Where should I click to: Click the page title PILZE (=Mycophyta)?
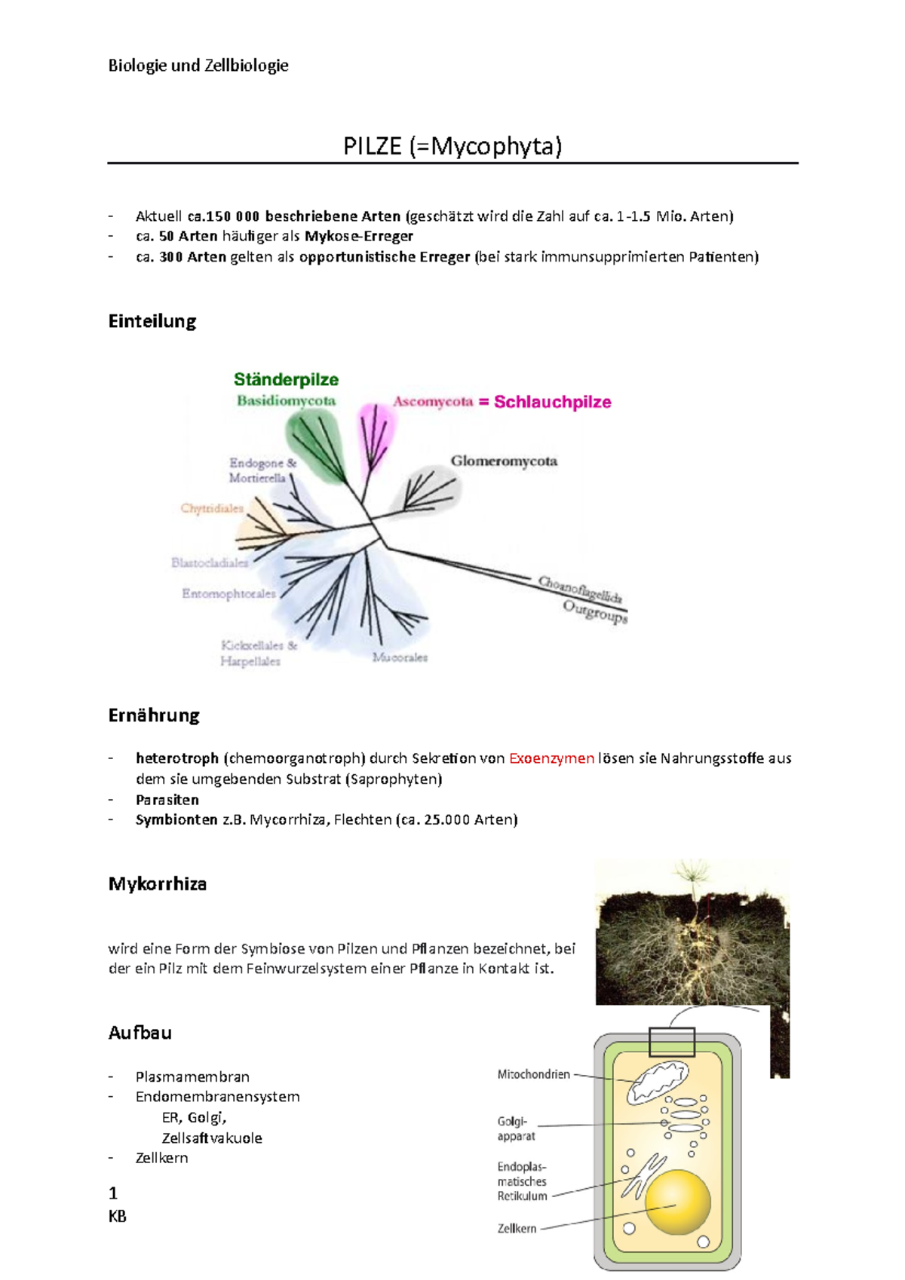452,146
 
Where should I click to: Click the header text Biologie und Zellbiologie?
198,66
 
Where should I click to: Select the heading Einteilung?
152,321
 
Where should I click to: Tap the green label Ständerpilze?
286,379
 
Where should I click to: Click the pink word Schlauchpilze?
552,402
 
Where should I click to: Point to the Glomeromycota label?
504,461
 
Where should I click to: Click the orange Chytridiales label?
212,508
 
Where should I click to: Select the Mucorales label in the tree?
400,657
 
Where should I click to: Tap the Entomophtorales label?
229,594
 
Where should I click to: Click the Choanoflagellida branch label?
580,589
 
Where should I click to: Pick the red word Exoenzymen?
551,758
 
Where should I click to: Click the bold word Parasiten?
167,800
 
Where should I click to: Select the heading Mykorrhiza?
158,883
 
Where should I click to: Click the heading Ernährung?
154,715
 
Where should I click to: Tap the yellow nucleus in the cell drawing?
677,1202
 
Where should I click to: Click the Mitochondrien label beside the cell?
533,1074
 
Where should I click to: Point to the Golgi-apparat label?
516,1128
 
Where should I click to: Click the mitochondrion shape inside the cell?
658,1082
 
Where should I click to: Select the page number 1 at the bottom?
113,1193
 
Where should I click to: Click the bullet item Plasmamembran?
192,1076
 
